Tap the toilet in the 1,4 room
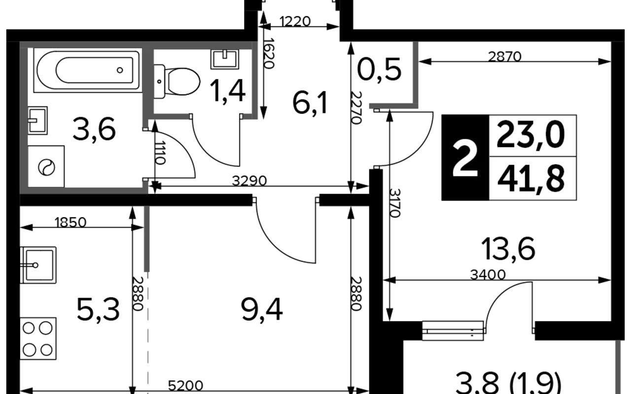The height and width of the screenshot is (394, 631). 177,82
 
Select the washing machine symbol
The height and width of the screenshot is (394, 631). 46,166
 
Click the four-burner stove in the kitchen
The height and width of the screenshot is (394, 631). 38,338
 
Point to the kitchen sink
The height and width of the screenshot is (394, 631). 38,265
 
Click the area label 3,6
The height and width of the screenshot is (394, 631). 94,130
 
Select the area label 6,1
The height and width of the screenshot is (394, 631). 310,103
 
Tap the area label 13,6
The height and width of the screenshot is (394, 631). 508,249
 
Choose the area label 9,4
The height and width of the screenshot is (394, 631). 262,310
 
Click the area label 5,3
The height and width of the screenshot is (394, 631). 98,310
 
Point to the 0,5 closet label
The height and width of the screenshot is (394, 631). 379,70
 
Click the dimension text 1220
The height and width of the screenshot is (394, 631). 295,21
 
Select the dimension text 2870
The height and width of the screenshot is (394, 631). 505,57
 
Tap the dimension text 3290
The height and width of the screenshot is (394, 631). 249,181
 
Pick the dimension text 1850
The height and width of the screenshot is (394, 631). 70,222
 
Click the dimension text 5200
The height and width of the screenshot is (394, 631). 186,385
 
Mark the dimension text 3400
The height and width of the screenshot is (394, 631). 488,274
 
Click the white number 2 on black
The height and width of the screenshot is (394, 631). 465,159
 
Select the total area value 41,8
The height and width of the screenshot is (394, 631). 531,178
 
